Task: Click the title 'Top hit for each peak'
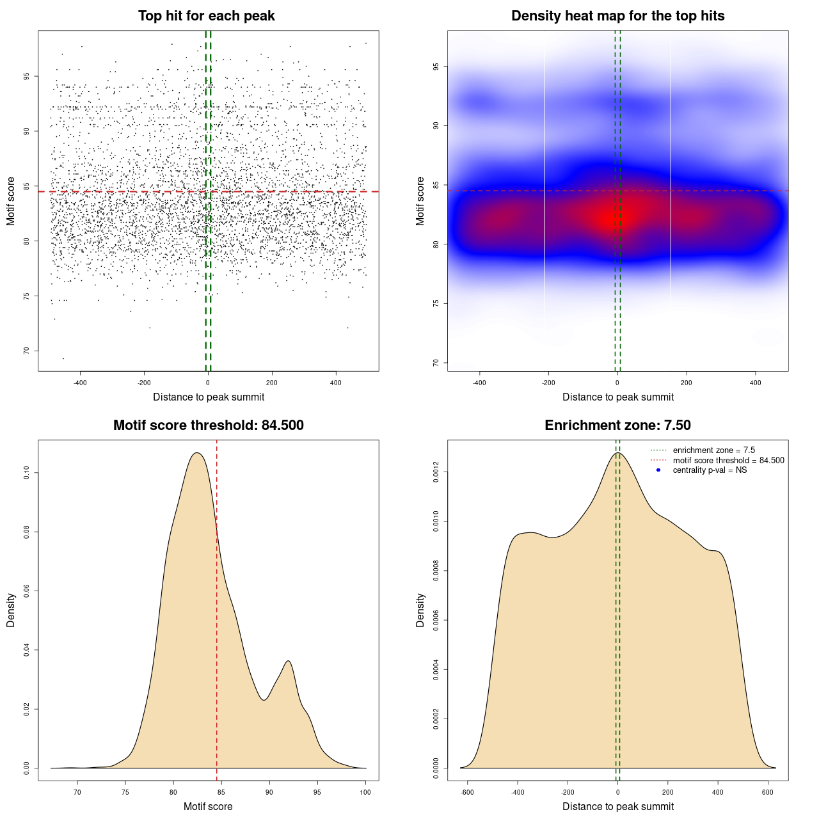pos(206,16)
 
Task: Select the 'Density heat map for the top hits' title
pos(617,16)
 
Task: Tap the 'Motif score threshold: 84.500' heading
pos(208,425)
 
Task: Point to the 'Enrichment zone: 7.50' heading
pos(617,425)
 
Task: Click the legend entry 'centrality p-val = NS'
pos(710,470)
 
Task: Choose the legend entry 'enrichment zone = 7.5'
pos(713,450)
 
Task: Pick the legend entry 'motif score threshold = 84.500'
pos(728,460)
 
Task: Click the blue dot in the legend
pos(658,470)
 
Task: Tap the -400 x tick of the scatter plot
pos(80,383)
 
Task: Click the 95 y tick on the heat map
pos(436,67)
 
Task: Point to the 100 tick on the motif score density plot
pos(365,792)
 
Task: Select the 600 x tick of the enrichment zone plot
pos(768,792)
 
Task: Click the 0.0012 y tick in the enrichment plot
pos(436,472)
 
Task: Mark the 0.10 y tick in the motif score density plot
pos(27,473)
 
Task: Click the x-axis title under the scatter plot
pos(209,397)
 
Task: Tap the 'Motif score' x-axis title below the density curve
pos(208,807)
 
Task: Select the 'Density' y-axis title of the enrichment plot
pos(420,610)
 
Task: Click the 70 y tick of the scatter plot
pos(27,351)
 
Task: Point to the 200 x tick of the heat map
pos(687,383)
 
